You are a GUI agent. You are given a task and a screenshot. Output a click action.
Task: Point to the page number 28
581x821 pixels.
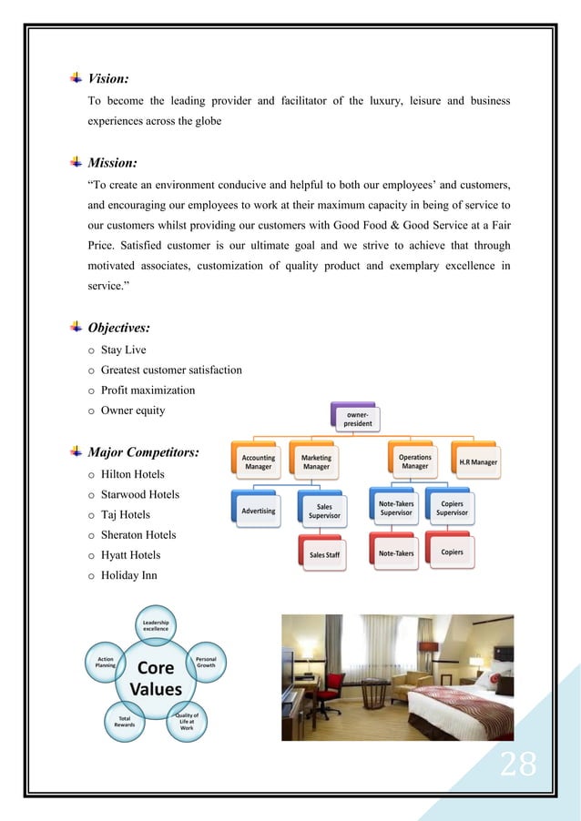[x=516, y=766]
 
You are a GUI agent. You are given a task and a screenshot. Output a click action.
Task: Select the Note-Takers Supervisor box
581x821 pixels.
[x=396, y=507]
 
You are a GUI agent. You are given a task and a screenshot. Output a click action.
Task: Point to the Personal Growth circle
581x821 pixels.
[x=206, y=662]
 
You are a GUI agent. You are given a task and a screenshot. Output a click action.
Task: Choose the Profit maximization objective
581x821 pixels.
[x=148, y=390]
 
